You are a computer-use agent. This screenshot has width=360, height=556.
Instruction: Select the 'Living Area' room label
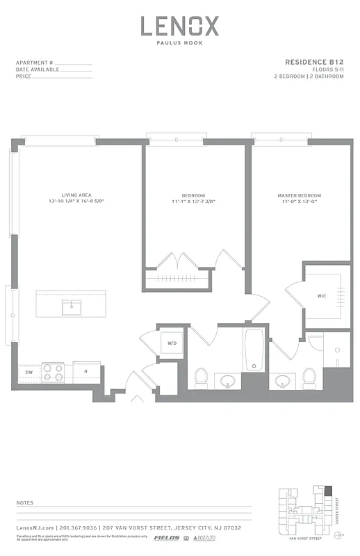click(76, 195)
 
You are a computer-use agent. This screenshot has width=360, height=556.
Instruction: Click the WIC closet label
click(322, 296)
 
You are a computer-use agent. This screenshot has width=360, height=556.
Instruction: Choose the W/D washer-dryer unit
click(171, 343)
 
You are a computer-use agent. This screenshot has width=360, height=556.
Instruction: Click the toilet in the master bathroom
click(309, 377)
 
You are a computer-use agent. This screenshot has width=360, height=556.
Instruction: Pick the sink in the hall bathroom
click(228, 381)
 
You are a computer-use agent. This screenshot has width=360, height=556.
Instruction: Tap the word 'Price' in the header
click(23, 76)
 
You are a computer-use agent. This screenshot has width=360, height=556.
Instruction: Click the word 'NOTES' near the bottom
click(24, 501)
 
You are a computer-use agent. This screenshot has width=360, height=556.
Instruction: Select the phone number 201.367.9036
click(81, 528)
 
